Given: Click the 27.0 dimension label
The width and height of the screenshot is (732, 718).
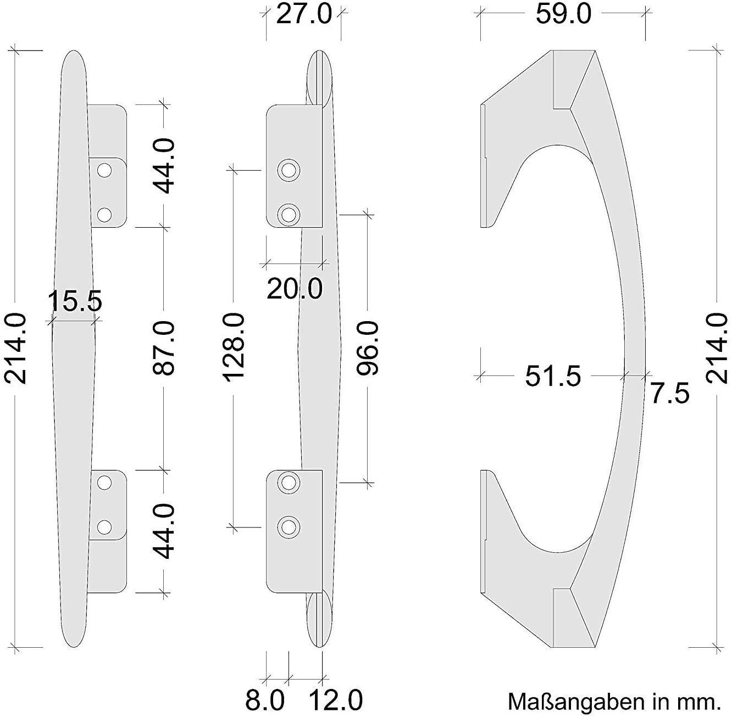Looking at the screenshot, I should (304, 14).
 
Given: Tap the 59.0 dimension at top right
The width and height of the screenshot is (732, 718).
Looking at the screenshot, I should (563, 14).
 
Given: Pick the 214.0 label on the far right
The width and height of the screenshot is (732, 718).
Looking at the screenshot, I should (717, 348).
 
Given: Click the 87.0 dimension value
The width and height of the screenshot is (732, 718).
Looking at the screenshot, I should (164, 348).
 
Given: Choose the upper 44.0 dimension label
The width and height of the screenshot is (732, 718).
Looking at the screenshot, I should (164, 165).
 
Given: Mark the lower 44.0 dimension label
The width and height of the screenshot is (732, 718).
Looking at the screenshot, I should (164, 531).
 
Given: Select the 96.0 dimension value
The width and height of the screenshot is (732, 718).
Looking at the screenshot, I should (368, 348).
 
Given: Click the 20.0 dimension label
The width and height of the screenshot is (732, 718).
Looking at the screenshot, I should (295, 289).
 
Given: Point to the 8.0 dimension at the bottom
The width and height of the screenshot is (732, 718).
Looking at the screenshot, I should (265, 700).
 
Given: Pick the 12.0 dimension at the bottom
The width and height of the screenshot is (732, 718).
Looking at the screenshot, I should (336, 700).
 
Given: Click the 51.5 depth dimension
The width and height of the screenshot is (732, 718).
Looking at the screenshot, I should (552, 377).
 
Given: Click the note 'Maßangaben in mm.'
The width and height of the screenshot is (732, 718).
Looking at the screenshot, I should (613, 701).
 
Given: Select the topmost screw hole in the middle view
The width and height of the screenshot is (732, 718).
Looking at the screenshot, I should (288, 171).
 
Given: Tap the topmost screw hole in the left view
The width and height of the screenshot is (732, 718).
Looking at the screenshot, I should (103, 171).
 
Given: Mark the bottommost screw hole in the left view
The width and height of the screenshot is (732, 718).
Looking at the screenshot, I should (103, 527).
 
